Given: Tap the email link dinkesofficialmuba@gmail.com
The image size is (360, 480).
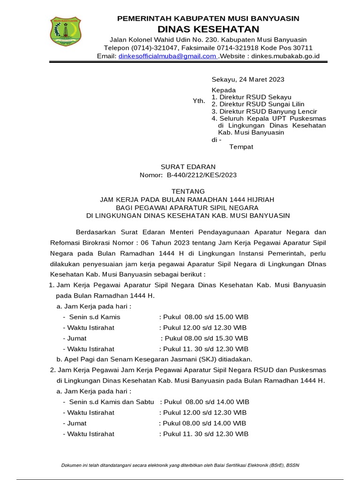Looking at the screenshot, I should click(166, 56).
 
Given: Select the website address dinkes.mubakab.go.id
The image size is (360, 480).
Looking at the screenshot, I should click(285, 56).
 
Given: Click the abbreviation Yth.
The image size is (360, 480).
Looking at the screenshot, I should click(199, 101).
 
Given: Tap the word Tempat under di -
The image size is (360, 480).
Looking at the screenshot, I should click(241, 147).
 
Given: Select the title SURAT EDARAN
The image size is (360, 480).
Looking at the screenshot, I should click(188, 166).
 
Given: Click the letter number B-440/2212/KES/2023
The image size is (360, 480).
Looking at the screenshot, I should click(202, 175).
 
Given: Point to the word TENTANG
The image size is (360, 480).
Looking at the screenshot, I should click(188, 191).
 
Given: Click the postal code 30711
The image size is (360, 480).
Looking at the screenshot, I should click(303, 48).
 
